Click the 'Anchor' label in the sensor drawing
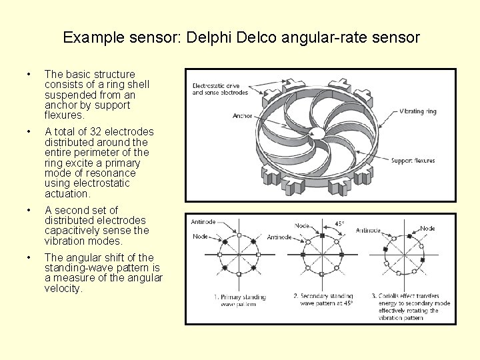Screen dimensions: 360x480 click(243, 115)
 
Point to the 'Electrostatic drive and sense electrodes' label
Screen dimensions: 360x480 click(220, 89)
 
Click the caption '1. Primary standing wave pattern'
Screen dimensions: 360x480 click(240, 300)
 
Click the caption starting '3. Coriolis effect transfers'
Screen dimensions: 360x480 click(413, 307)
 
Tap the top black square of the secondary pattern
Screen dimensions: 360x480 click(322, 236)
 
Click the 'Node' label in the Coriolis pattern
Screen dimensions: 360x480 click(427, 228)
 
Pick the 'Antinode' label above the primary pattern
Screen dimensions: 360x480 click(203, 222)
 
